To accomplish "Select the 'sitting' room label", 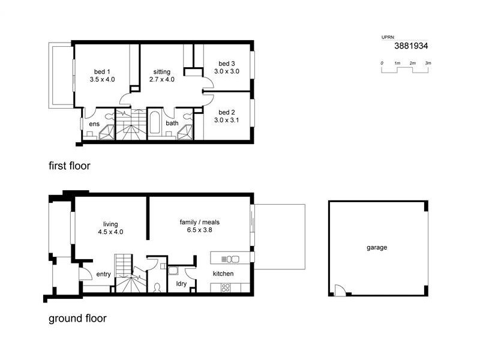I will [161, 71].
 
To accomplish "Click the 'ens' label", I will [94, 124].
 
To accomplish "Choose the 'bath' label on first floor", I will [172, 124].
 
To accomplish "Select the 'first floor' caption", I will [69, 166].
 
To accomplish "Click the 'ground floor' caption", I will [77, 319].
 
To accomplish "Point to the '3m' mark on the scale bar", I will [428, 63].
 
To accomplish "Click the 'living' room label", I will [110, 224].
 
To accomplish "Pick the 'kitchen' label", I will [223, 274].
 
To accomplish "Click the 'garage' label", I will [377, 247].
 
